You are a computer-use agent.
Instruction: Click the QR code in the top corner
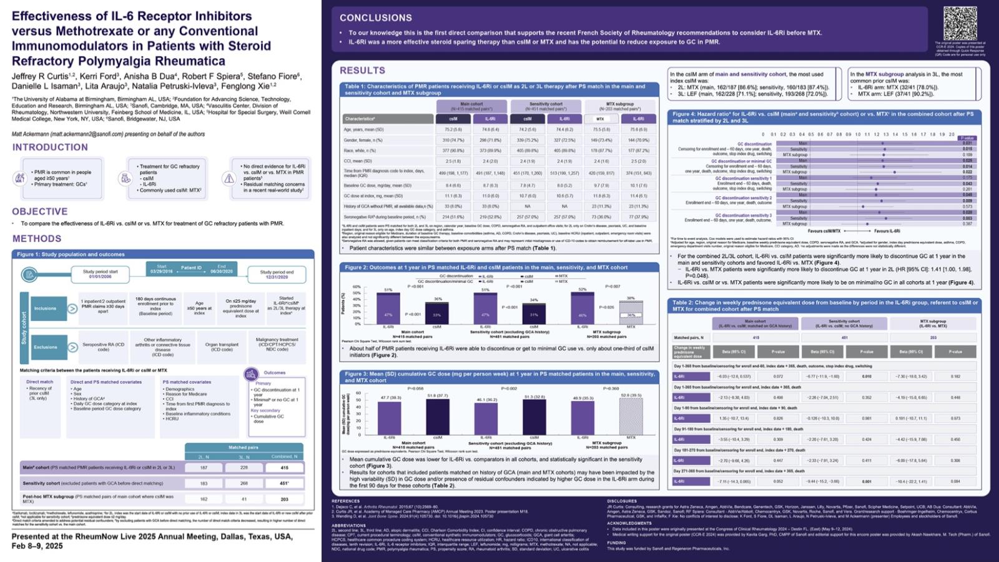pyautogui.click(x=960, y=23)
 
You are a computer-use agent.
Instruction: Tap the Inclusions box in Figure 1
pyautogui.click(x=46, y=308)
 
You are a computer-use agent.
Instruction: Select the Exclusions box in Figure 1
pyautogui.click(x=46, y=347)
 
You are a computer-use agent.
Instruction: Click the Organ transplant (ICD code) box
pyautogui.click(x=222, y=347)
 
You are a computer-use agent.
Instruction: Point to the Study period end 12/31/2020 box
pyautogui.click(x=277, y=275)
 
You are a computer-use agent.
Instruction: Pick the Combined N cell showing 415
pyautogui.click(x=284, y=467)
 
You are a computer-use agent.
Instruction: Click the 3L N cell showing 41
pyautogui.click(x=244, y=499)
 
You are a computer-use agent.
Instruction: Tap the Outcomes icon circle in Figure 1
pyautogui.click(x=251, y=373)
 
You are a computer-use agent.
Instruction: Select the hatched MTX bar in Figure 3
pyautogui.click(x=631, y=418)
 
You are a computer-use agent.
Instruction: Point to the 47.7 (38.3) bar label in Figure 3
pyautogui.click(x=391, y=398)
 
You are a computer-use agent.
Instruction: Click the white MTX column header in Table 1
pyautogui.click(x=600, y=119)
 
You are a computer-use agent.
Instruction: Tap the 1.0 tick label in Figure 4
pyautogui.click(x=858, y=134)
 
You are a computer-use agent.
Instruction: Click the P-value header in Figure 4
pyautogui.click(x=967, y=138)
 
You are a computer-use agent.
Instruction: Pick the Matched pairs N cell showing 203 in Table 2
pyautogui.click(x=933, y=338)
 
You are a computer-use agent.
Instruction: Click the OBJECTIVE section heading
pyautogui.click(x=40, y=212)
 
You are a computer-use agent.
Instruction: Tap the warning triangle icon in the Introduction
pyautogui.click(x=229, y=179)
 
